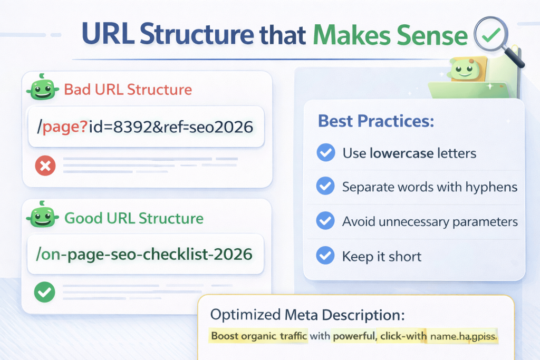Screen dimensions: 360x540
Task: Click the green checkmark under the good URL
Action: pos(43,291)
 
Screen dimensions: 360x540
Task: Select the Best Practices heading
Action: pos(375,121)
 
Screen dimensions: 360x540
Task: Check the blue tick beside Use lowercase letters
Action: pos(325,153)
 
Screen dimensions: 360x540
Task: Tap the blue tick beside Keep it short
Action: pos(325,256)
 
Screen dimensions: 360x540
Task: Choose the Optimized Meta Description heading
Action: pos(307,315)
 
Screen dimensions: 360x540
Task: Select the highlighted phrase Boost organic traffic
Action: pos(258,335)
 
